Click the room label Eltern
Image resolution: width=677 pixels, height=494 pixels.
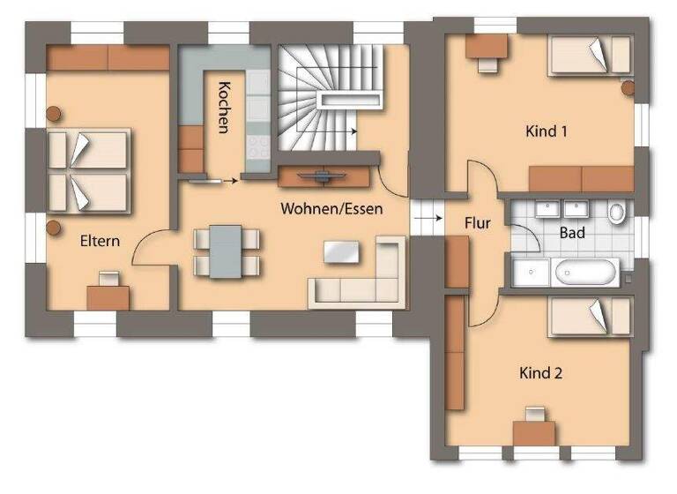[100, 240]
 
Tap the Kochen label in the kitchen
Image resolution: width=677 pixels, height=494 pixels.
[224, 107]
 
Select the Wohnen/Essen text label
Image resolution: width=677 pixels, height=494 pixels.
[324, 209]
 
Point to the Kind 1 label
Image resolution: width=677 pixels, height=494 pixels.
[546, 131]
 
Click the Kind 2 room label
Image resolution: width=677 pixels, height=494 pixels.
[540, 372]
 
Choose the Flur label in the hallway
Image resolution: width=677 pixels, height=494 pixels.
[477, 223]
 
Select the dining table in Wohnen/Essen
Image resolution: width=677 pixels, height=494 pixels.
[227, 250]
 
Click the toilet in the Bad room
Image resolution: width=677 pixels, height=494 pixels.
[616, 212]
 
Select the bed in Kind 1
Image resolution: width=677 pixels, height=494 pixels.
[588, 56]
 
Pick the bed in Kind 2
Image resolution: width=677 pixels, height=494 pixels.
[588, 316]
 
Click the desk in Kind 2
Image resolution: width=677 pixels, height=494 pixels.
[533, 431]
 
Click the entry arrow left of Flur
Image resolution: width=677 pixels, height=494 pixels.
[426, 213]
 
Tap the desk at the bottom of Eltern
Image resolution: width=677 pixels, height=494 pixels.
[108, 297]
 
